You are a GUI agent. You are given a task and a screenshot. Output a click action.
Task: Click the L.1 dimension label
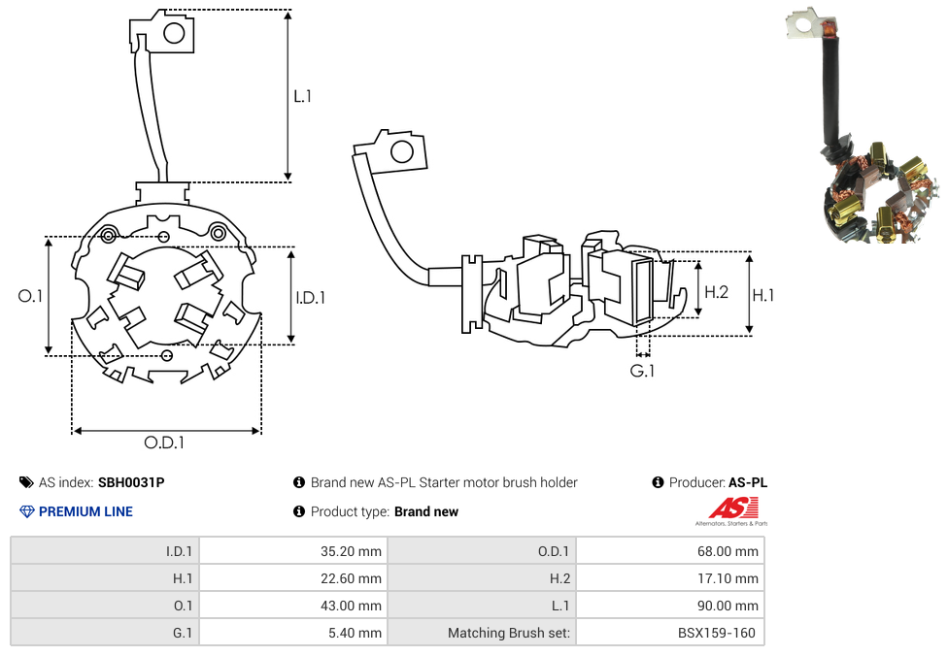coord(302,96)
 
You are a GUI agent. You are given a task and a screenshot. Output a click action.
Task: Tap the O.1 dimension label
coord(31,296)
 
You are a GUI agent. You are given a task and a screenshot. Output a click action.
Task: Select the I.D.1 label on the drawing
coord(310,298)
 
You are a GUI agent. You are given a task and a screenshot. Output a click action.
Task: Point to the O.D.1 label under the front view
coord(164,443)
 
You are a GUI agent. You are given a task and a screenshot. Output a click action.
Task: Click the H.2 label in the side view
coord(716,291)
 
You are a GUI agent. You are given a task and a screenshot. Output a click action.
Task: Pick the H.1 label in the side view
coord(763,295)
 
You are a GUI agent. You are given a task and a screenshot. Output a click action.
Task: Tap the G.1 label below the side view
coord(642,371)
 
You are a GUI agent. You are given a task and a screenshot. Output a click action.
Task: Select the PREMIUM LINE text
coord(85,511)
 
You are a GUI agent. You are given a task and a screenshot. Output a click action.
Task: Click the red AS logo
coord(733,508)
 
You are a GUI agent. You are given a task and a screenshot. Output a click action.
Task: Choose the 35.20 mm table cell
coord(292,551)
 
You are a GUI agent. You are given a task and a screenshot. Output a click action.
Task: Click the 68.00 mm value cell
coord(670,551)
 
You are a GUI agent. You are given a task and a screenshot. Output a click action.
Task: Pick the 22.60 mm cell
coord(292,578)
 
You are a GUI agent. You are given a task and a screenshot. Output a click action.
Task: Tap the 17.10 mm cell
coord(670,578)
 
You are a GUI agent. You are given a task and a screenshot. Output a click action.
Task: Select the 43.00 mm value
coord(292,606)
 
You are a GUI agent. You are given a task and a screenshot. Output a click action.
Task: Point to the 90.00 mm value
coord(670,606)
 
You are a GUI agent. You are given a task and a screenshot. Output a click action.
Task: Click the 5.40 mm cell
coord(292,633)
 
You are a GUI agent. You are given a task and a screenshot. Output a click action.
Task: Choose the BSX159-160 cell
coord(670,633)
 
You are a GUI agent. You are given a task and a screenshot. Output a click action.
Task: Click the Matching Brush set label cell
coord(482,633)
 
